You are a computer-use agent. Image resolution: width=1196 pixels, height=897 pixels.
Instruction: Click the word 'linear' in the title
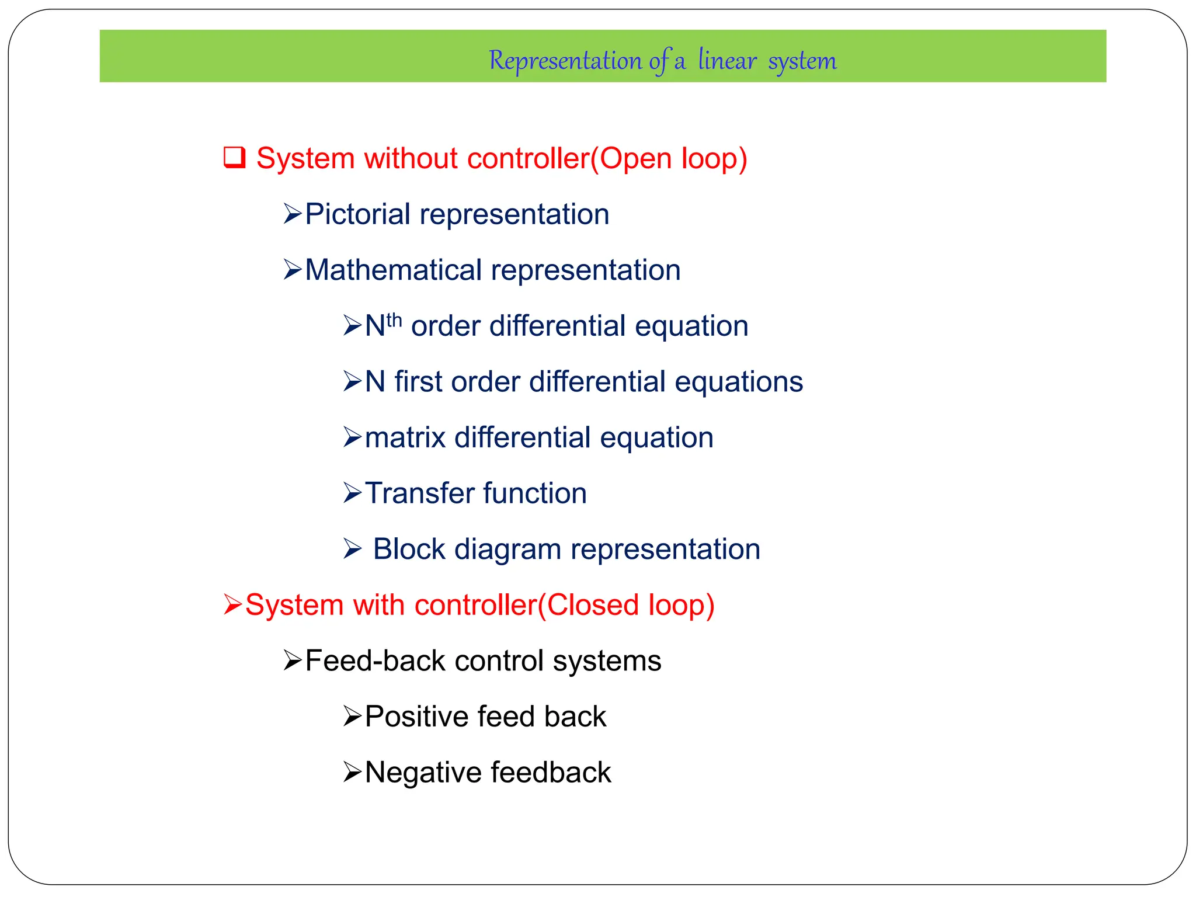coord(727,61)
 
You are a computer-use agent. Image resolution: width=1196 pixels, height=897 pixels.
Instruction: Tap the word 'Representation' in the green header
coord(565,61)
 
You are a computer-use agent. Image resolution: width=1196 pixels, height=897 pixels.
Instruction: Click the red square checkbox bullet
coord(234,158)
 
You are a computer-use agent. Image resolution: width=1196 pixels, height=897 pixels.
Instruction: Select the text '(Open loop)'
coord(669,159)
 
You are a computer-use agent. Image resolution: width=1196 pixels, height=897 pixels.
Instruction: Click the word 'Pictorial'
coord(357,214)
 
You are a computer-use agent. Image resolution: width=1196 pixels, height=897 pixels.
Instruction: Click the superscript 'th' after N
coord(394,320)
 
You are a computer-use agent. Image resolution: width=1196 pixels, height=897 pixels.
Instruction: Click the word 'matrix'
coord(405,438)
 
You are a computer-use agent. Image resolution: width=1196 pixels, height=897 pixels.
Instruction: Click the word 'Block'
coord(409,550)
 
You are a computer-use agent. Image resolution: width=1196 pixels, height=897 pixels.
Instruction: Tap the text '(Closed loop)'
coord(625,606)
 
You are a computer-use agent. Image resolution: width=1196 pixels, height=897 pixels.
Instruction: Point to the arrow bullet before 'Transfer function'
coord(352,493)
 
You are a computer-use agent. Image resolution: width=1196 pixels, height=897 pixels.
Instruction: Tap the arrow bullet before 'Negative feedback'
coord(352,773)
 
